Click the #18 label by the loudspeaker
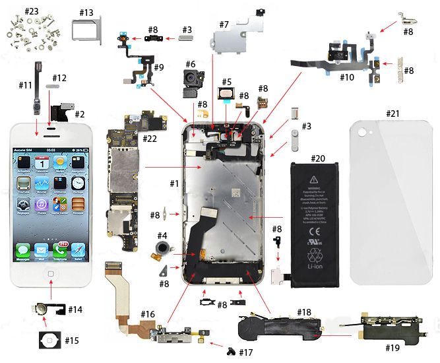[x=304, y=312]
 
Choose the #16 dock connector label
[x=148, y=313]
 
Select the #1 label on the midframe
[x=174, y=183]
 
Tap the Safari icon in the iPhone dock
[x=79, y=251]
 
